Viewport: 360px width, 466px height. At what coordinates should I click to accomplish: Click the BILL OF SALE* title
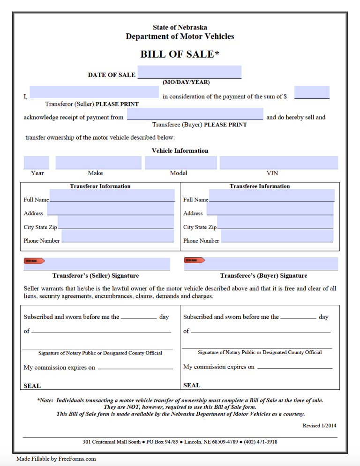point(180,54)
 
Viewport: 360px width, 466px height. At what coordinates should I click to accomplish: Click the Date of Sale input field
point(189,72)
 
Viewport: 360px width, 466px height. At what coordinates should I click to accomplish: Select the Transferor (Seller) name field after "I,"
point(94,93)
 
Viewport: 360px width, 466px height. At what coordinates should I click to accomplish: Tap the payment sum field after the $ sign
point(312,92)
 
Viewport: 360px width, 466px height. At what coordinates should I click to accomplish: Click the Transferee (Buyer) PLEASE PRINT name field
point(195,114)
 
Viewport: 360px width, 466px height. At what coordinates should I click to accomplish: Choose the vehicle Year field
point(36,163)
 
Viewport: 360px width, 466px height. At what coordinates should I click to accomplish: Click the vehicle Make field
point(98,163)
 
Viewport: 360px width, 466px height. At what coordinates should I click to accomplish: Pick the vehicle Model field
point(181,163)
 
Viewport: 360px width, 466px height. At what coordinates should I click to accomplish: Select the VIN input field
point(278,163)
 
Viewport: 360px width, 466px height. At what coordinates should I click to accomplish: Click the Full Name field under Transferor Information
point(112,195)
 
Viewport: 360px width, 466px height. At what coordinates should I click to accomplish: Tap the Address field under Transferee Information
point(270,209)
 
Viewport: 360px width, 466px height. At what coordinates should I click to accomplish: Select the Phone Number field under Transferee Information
point(277,236)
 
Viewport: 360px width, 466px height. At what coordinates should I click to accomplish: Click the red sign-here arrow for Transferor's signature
point(34,260)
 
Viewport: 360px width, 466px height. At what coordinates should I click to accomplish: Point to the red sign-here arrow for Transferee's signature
point(194,260)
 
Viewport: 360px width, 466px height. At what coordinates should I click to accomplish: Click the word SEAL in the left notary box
point(32,386)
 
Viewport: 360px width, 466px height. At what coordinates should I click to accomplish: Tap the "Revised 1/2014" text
point(319,426)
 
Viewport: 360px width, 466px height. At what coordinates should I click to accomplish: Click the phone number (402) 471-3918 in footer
point(255,442)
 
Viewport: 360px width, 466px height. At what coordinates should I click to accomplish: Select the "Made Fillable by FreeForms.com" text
point(56,459)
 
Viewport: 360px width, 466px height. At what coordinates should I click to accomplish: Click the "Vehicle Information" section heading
point(180,151)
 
